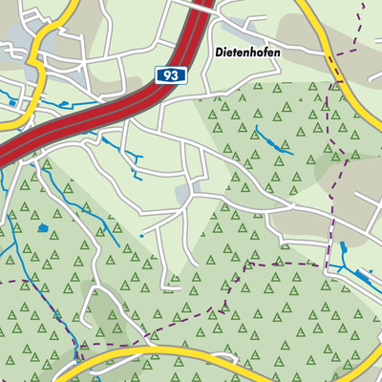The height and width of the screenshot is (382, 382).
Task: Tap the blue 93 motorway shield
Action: (x=168, y=74)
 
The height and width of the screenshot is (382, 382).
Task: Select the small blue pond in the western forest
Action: (x=43, y=227)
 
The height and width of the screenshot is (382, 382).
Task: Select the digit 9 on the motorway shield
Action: (x=164, y=74)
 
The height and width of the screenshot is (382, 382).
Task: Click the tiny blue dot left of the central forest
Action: (x=141, y=235)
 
